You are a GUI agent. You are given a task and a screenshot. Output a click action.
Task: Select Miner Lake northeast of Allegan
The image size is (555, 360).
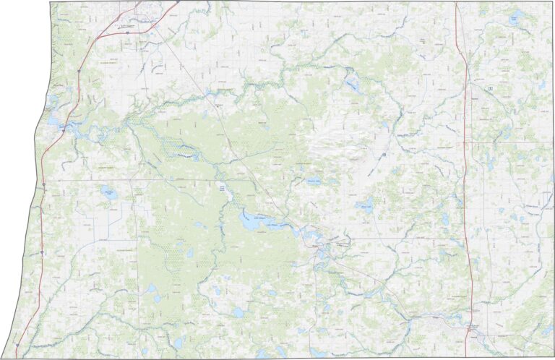click(366, 207)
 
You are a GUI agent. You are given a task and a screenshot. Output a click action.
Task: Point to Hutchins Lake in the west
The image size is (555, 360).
click(108, 192)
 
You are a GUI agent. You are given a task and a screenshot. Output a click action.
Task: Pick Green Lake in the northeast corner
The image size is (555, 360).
click(515, 18)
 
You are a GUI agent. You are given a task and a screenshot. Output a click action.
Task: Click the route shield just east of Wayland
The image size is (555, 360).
click(491, 87)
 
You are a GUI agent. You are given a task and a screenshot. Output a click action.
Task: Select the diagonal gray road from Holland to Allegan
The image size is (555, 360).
click(217, 116)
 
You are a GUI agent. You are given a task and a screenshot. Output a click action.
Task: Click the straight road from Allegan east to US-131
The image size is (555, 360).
click(405, 238)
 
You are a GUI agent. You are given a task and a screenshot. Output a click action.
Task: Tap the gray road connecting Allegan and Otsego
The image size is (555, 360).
click(376, 282)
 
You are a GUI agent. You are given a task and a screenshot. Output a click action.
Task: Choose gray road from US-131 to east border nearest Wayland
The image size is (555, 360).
click(509, 142)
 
